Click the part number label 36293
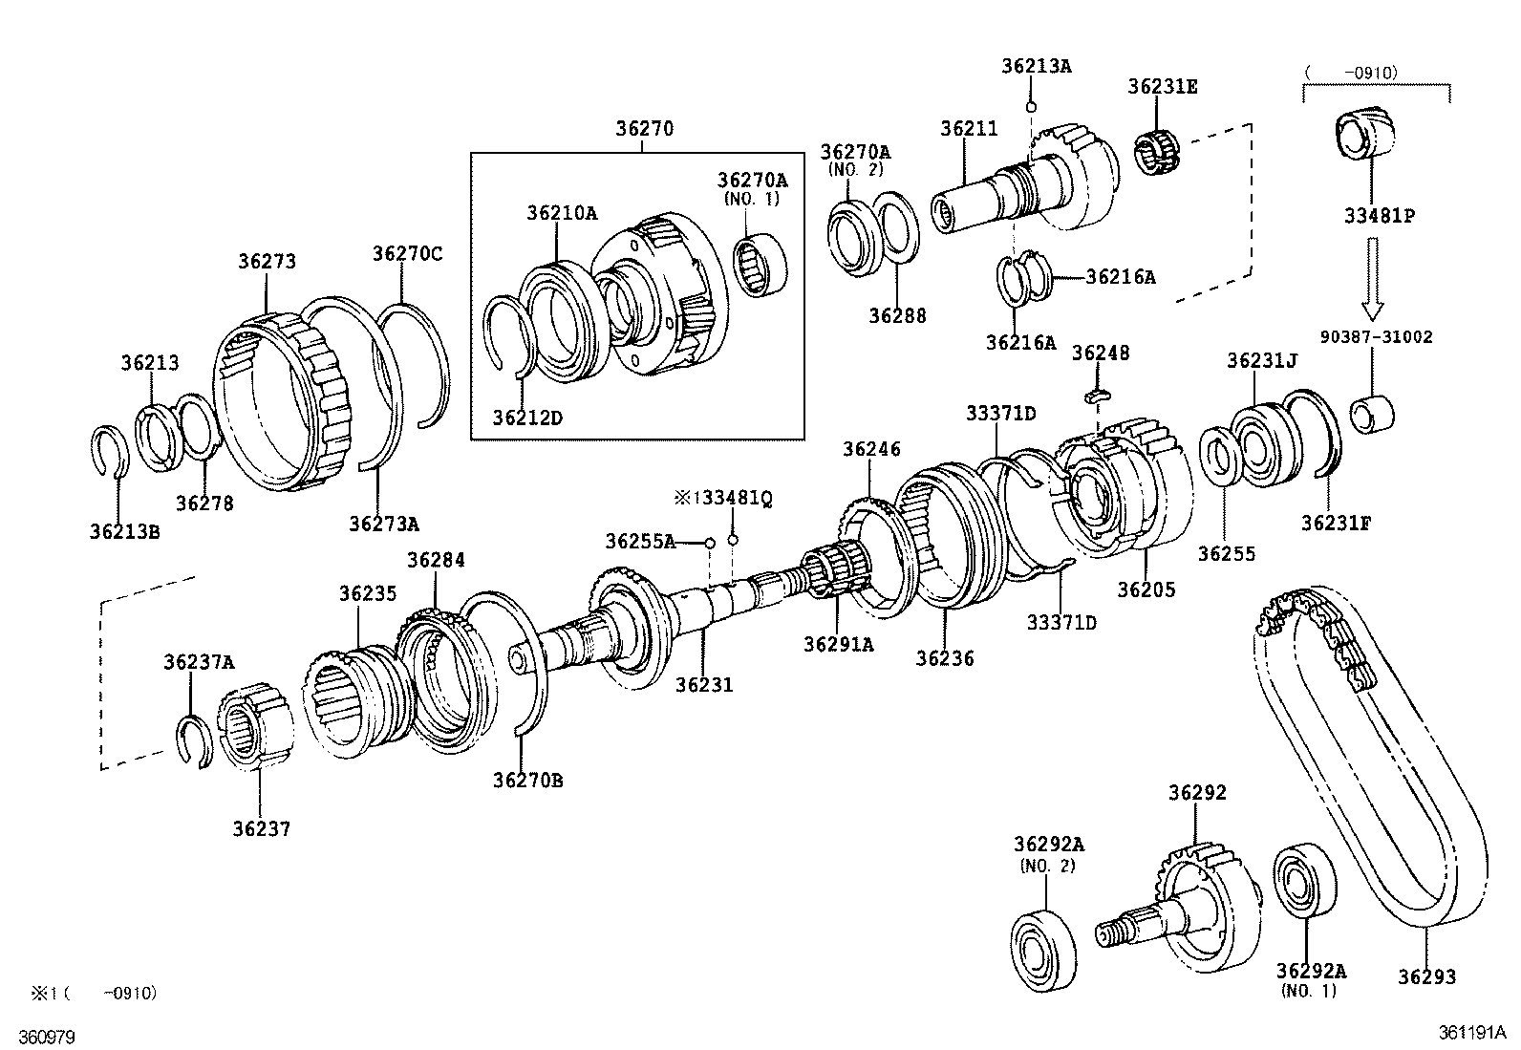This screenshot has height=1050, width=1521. [1426, 976]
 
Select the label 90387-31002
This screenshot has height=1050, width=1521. [1376, 337]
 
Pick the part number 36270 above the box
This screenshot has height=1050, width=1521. [644, 128]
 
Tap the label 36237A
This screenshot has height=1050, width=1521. [198, 661]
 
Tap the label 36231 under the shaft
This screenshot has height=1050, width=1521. [704, 684]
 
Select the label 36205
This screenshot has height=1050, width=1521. [1146, 589]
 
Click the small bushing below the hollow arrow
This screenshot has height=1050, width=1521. [1373, 412]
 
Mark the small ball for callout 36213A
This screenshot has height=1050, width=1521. [1031, 105]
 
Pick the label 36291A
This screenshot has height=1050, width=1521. [838, 644]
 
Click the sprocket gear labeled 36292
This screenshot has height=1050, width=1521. [1199, 898]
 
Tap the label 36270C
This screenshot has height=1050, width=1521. [408, 253]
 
